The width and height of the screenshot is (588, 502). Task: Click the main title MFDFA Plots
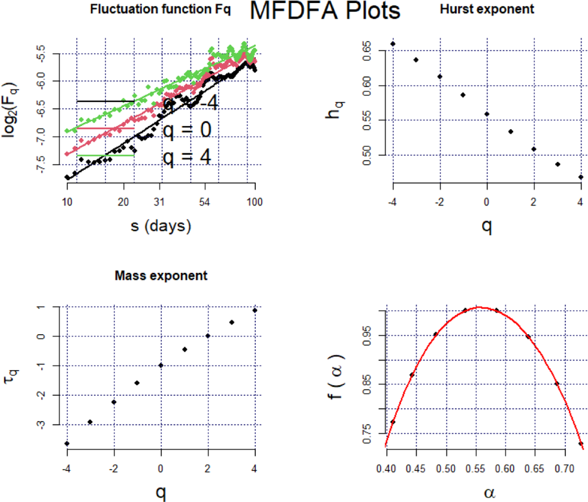pyautogui.click(x=325, y=11)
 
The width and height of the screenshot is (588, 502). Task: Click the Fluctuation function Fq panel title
pyautogui.click(x=160, y=9)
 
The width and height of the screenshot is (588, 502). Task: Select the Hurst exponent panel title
pyautogui.click(x=487, y=9)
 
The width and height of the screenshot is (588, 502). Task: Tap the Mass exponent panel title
pyautogui.click(x=161, y=276)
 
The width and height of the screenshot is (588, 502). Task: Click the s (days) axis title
pyautogui.click(x=161, y=226)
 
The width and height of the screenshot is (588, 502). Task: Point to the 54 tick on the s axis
pyautogui.click(x=205, y=202)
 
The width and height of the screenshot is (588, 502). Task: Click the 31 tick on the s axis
pyautogui.click(x=159, y=202)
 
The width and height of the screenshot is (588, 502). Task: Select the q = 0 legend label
pyautogui.click(x=187, y=130)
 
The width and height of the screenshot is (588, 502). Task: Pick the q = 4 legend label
pyautogui.click(x=187, y=157)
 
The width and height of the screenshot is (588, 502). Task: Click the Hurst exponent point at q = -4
pyautogui.click(x=393, y=44)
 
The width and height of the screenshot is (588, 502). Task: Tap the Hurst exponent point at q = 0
pyautogui.click(x=487, y=114)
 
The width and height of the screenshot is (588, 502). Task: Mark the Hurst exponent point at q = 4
pyautogui.click(x=581, y=177)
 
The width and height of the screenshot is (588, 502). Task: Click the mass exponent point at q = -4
pyautogui.click(x=67, y=444)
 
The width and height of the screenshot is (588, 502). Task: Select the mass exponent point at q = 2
pyautogui.click(x=208, y=336)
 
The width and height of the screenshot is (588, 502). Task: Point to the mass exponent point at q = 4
pyautogui.click(x=255, y=310)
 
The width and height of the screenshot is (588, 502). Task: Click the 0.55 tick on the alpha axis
pyautogui.click(x=475, y=469)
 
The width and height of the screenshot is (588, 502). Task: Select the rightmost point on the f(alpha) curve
pyautogui.click(x=581, y=444)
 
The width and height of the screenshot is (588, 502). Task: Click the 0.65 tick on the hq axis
pyautogui.click(x=367, y=51)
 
